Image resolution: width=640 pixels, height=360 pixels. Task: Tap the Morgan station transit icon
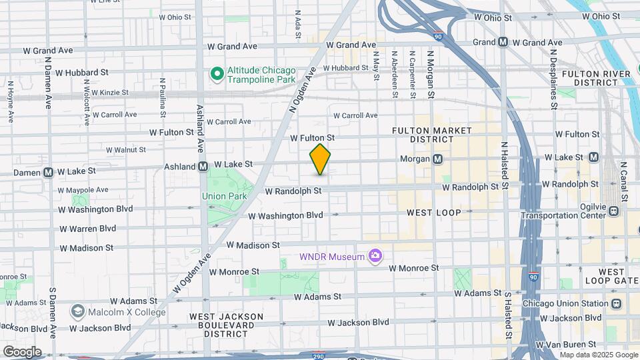pos(438,159)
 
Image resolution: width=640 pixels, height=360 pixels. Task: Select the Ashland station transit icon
pos(202,166)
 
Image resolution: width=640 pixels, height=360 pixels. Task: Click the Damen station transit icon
pos(49,172)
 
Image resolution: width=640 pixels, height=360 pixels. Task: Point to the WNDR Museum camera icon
pos(376,256)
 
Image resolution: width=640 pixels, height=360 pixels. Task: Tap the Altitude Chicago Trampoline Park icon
pos(217,73)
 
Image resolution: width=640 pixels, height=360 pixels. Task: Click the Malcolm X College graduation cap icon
pos(78,312)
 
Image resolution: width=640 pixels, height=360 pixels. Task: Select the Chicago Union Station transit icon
pos(615,303)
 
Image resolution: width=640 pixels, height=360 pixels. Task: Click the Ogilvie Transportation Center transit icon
pos(613,211)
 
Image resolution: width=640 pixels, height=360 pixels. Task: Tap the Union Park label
pos(225,196)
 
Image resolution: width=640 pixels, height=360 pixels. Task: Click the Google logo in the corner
pos(22,352)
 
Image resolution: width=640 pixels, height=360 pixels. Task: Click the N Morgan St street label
pos(431,75)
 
